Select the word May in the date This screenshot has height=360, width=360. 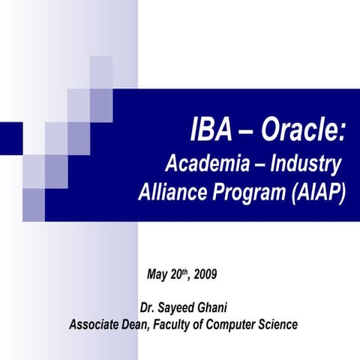coord(158,274)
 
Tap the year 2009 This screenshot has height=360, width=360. coord(205,274)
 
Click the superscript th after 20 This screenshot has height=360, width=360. coord(187,271)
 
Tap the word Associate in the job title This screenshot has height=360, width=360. coord(94,325)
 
